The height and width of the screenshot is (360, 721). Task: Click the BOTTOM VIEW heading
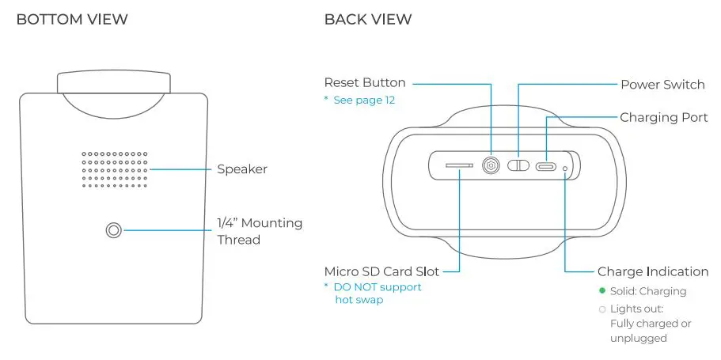pyautogui.click(x=72, y=19)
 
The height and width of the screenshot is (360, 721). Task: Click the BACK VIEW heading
pyautogui.click(x=368, y=19)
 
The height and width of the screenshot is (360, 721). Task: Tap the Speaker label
pyautogui.click(x=242, y=169)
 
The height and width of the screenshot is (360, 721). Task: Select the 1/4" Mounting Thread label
pyautogui.click(x=260, y=231)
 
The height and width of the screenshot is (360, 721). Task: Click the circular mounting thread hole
pyautogui.click(x=113, y=230)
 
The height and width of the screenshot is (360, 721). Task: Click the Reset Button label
pyautogui.click(x=365, y=82)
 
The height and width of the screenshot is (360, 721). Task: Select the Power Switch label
pyautogui.click(x=662, y=85)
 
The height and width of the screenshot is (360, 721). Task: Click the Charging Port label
pyautogui.click(x=663, y=117)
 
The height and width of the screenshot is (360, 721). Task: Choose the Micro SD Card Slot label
pyautogui.click(x=381, y=271)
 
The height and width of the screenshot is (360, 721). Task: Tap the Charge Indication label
pyautogui.click(x=653, y=271)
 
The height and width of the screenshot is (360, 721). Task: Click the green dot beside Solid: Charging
pyautogui.click(x=601, y=291)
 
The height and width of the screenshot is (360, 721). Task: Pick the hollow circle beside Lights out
pyautogui.click(x=601, y=309)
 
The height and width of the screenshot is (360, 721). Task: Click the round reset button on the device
pyautogui.click(x=491, y=166)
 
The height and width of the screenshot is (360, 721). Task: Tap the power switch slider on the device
pyautogui.click(x=518, y=166)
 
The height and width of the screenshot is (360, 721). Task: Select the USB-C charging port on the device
pyautogui.click(x=545, y=166)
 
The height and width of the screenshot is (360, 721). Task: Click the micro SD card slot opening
pyautogui.click(x=459, y=166)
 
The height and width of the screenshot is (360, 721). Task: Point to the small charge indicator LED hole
pyautogui.click(x=564, y=167)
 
